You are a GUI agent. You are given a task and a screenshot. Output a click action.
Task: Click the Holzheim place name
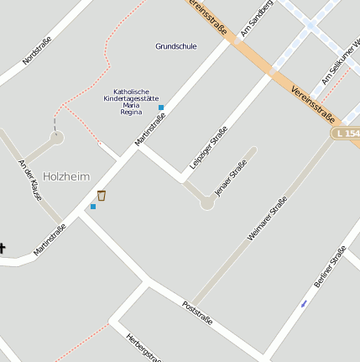(66, 176)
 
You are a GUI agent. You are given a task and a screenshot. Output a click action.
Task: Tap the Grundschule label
(176, 46)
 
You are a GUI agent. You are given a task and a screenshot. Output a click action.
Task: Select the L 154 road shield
(346, 134)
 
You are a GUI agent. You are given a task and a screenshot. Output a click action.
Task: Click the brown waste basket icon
(102, 196)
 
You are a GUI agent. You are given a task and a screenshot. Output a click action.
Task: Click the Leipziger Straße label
(209, 147)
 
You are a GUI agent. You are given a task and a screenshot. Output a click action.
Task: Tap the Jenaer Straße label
(231, 177)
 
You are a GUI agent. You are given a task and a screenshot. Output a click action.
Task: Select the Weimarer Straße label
(267, 219)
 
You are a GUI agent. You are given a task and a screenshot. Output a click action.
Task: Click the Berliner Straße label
(330, 267)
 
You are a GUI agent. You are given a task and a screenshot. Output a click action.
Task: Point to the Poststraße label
(197, 313)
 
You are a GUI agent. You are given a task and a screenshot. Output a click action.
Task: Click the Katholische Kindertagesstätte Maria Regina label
(131, 101)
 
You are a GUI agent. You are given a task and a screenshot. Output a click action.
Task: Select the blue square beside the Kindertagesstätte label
(161, 108)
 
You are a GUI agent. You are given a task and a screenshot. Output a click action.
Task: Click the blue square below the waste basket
(93, 207)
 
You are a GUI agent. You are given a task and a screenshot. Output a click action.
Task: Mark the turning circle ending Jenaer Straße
(207, 202)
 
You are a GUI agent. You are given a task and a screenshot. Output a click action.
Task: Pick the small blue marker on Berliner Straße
(304, 303)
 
